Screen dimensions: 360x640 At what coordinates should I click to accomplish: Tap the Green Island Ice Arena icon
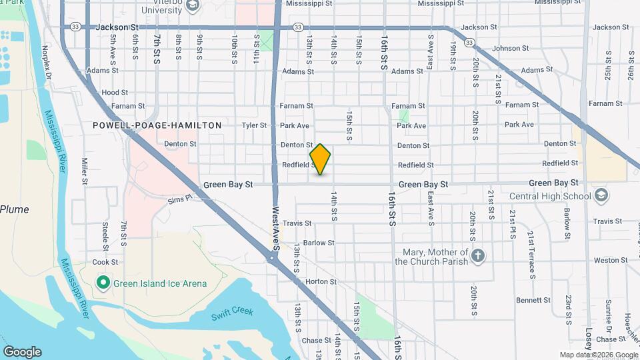[103, 283]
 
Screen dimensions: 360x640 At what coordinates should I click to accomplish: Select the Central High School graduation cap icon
[601, 196]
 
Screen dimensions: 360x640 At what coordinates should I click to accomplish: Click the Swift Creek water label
[232, 312]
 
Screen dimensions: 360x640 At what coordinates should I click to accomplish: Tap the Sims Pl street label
[179, 198]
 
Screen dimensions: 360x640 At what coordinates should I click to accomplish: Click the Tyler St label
[254, 125]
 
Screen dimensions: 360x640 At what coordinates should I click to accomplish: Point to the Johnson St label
[510, 49]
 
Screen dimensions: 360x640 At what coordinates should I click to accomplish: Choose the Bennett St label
[533, 301]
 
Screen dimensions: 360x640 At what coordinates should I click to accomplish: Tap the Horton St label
[321, 282]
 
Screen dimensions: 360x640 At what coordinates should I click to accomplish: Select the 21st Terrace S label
[532, 255]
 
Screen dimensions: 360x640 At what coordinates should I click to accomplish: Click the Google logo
[22, 352]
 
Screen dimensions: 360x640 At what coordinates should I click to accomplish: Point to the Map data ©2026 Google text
[598, 355]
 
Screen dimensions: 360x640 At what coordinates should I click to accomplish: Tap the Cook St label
[105, 263]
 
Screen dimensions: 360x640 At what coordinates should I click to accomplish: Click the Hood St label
[115, 93]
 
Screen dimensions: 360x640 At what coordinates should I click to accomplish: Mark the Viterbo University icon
[193, 5]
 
